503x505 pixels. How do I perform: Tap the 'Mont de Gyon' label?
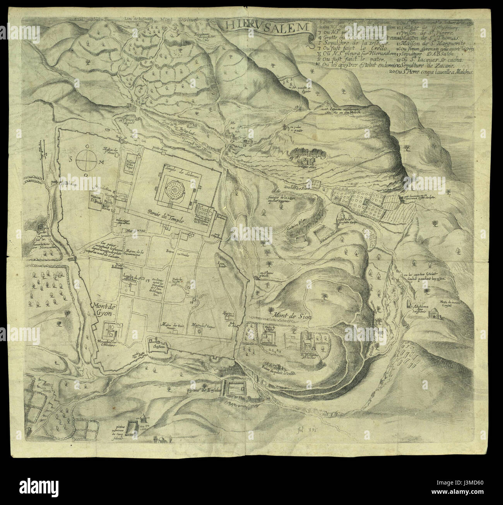coord(102,308)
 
